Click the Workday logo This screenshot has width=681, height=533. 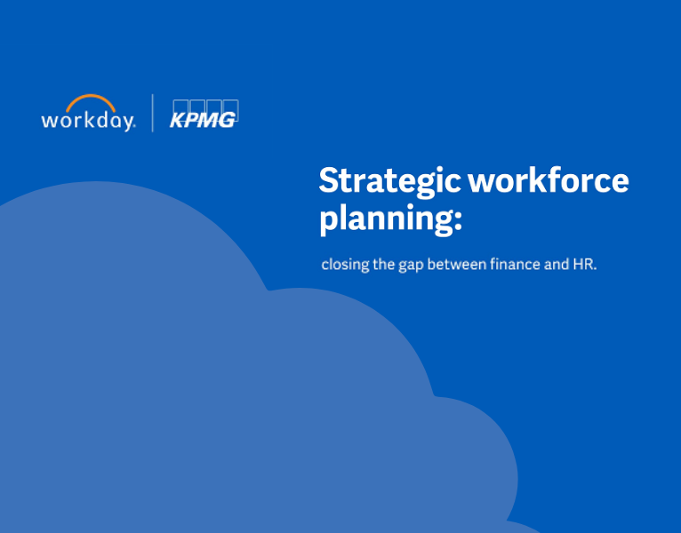(x=88, y=113)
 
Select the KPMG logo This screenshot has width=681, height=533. (x=204, y=114)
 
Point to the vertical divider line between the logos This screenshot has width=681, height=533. (x=153, y=113)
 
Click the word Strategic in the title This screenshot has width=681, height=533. (x=389, y=181)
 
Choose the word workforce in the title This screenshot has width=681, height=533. (x=549, y=181)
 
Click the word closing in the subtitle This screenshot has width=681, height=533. (x=345, y=265)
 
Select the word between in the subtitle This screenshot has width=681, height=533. (x=456, y=265)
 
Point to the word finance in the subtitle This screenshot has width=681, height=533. (x=515, y=265)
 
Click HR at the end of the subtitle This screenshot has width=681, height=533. (x=582, y=265)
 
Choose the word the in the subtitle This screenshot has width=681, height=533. (x=383, y=265)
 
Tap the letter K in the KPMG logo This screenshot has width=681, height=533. (x=178, y=119)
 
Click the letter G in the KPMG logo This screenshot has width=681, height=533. (x=228, y=119)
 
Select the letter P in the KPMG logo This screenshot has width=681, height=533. (x=193, y=119)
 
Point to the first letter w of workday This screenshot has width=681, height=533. (x=49, y=120)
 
